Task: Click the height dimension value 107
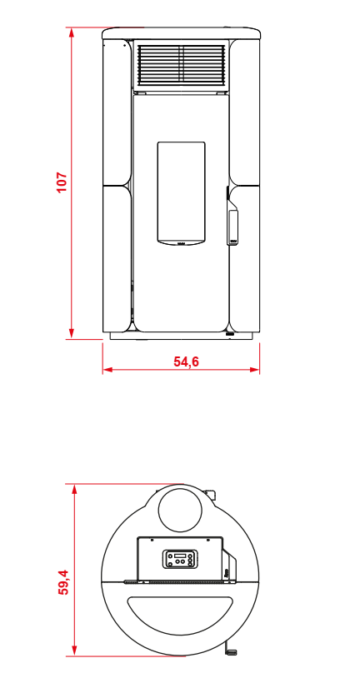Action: coord(62,182)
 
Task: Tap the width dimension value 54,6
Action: coord(186,361)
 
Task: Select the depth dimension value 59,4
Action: coord(63,582)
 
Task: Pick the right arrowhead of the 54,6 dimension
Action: coord(255,369)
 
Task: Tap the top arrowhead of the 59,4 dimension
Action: coord(74,489)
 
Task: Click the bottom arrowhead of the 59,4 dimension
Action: coord(74,651)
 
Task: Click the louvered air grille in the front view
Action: coord(182,64)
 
